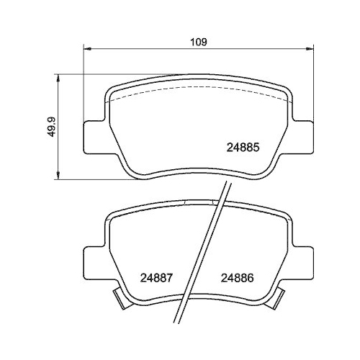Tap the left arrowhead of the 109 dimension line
89,50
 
